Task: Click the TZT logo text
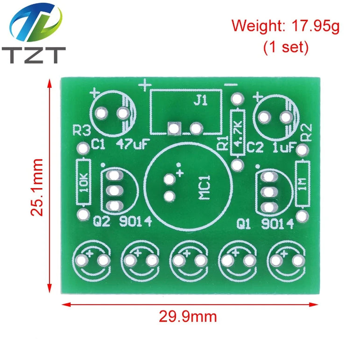pyautogui.click(x=34, y=55)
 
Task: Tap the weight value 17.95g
pyautogui.click(x=316, y=26)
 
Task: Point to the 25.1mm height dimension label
pyautogui.click(x=37, y=187)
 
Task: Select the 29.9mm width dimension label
pyautogui.click(x=188, y=317)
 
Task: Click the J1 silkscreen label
pyautogui.click(x=200, y=100)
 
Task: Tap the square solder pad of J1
pyautogui.click(x=175, y=128)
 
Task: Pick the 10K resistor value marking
pyautogui.click(x=84, y=183)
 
